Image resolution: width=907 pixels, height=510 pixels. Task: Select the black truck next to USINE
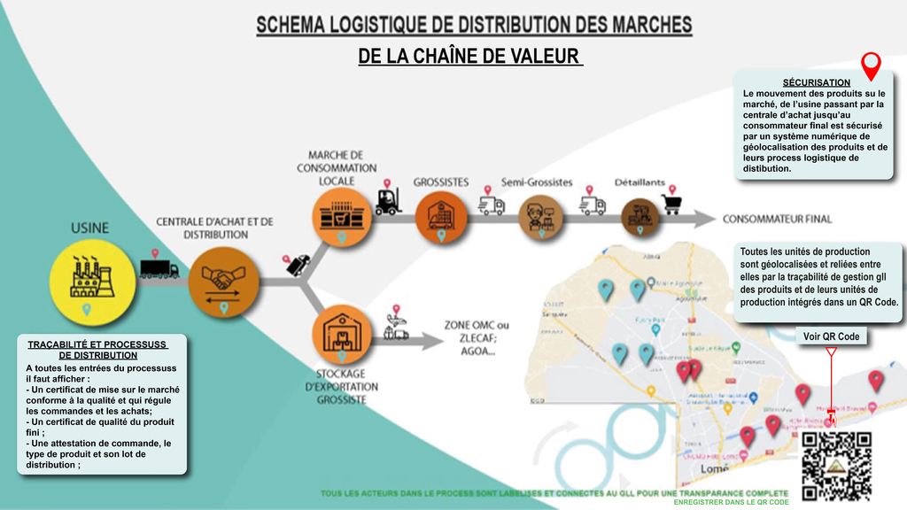pyautogui.click(x=159, y=267)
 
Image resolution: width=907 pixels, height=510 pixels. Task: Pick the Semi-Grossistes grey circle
pyautogui.click(x=537, y=215)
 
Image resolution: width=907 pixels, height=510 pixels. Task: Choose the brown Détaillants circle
pyautogui.click(x=640, y=215)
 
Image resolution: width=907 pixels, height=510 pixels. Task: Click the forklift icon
pyautogui.click(x=387, y=202)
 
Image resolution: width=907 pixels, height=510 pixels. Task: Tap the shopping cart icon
pyautogui.click(x=671, y=204)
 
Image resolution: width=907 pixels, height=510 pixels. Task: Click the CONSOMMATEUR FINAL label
pyautogui.click(x=777, y=219)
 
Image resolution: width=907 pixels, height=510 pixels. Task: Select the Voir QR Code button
pyautogui.click(x=831, y=336)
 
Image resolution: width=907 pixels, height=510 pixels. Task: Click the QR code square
pyautogui.click(x=836, y=465)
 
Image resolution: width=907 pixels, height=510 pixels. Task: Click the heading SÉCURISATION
pyautogui.click(x=816, y=82)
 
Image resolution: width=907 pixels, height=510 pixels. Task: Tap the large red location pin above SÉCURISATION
pyautogui.click(x=872, y=65)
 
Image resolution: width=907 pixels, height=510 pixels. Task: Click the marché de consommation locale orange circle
pyautogui.click(x=341, y=215)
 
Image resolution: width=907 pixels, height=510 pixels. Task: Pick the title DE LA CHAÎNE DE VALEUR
pyautogui.click(x=469, y=57)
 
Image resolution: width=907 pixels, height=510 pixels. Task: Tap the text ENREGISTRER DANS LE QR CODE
pyautogui.click(x=732, y=502)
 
